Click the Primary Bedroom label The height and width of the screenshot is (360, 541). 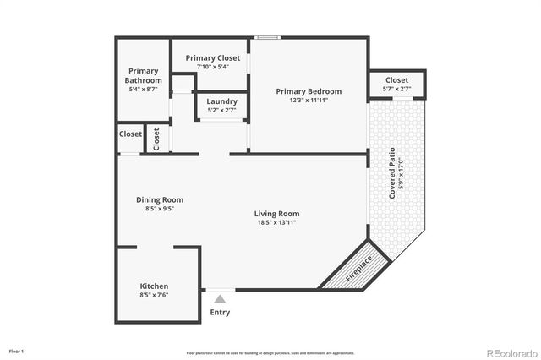(x=309, y=91)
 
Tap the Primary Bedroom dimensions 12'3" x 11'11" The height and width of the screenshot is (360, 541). (x=309, y=100)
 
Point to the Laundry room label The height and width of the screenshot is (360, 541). (x=222, y=101)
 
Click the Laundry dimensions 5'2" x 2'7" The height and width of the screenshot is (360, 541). (x=222, y=110)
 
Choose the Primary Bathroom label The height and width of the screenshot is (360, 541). (x=143, y=75)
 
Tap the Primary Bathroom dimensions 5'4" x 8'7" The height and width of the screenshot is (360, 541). (x=143, y=89)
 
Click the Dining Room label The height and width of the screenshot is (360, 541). (x=160, y=200)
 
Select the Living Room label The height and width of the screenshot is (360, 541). (x=277, y=214)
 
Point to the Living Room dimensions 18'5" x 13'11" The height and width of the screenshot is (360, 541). (x=277, y=223)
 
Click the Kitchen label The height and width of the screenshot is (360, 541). (x=154, y=286)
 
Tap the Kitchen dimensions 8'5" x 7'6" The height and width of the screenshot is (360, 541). (x=154, y=296)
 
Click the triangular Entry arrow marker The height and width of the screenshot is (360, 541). (x=220, y=298)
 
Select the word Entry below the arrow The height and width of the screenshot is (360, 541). (x=220, y=313)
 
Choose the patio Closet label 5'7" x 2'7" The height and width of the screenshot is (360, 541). (x=397, y=80)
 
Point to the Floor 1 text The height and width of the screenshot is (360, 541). (x=16, y=351)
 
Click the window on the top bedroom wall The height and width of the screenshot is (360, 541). (x=268, y=37)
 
